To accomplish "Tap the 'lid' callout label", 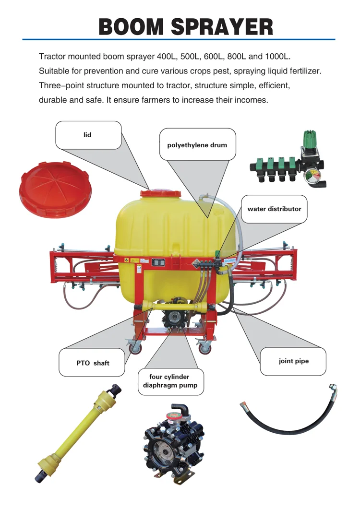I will click(x=87, y=135).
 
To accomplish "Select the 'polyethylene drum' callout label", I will click(x=197, y=145).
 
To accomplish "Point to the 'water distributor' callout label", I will click(x=274, y=209).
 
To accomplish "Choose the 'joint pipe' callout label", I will click(x=293, y=361).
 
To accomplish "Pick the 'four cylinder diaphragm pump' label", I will click(x=170, y=381).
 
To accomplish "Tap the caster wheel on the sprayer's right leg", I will click(x=205, y=348).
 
